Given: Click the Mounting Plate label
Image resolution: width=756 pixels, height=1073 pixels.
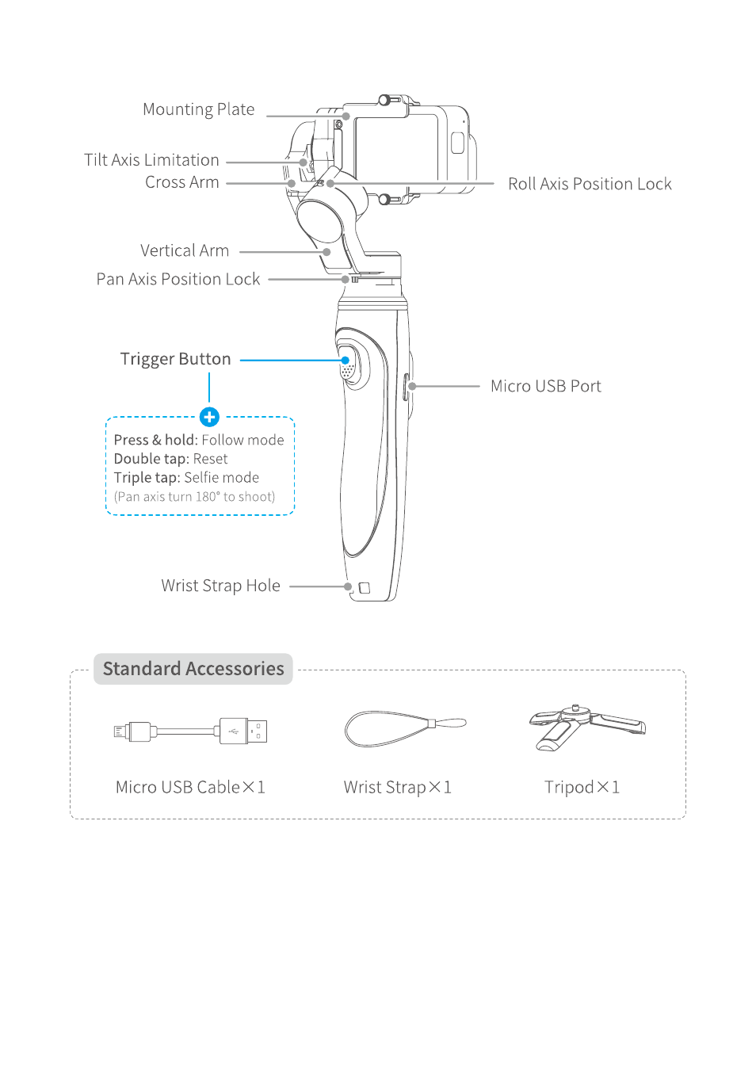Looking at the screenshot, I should pyautogui.click(x=198, y=109).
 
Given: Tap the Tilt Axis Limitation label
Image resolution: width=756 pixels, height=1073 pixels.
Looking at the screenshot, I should pyautogui.click(x=151, y=160).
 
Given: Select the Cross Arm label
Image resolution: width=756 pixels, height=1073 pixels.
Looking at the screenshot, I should pyautogui.click(x=181, y=182).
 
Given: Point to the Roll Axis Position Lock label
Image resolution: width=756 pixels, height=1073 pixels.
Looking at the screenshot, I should pyautogui.click(x=590, y=184).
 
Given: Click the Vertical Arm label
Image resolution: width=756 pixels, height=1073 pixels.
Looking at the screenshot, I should pyautogui.click(x=184, y=250).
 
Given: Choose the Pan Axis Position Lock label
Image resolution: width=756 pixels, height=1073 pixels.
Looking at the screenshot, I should pyautogui.click(x=178, y=279).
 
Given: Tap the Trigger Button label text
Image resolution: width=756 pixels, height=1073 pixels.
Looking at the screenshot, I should pyautogui.click(x=175, y=359).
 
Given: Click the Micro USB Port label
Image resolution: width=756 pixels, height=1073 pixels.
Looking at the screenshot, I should pyautogui.click(x=545, y=386).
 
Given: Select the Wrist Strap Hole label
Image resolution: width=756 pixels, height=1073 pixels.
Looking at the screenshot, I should pyautogui.click(x=220, y=586).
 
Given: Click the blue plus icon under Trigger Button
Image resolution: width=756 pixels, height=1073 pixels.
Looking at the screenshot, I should pyautogui.click(x=209, y=417).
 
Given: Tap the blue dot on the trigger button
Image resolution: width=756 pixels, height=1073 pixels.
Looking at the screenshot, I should pyautogui.click(x=346, y=361).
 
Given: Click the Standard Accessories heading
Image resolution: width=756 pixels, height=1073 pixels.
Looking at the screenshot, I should pyautogui.click(x=193, y=669).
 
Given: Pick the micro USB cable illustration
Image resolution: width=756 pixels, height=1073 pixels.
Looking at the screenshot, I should pyautogui.click(x=190, y=731).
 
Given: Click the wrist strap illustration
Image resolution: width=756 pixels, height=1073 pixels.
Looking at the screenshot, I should pyautogui.click(x=404, y=728).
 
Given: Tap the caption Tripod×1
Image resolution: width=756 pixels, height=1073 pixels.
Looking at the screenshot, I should pyautogui.click(x=582, y=787).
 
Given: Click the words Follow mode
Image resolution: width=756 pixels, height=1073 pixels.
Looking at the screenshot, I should pyautogui.click(x=242, y=440).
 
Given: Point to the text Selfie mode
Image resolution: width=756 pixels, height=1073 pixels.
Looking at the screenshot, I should pyautogui.click(x=221, y=478).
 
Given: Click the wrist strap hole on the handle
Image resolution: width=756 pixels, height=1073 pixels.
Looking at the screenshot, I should pyautogui.click(x=365, y=588).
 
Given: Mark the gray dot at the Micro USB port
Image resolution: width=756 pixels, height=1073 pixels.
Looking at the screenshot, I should pyautogui.click(x=412, y=387).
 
